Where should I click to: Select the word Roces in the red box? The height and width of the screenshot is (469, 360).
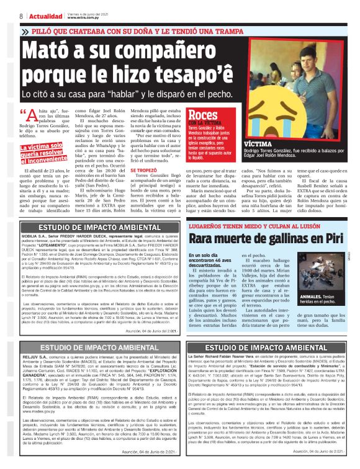[x=202, y=115]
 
